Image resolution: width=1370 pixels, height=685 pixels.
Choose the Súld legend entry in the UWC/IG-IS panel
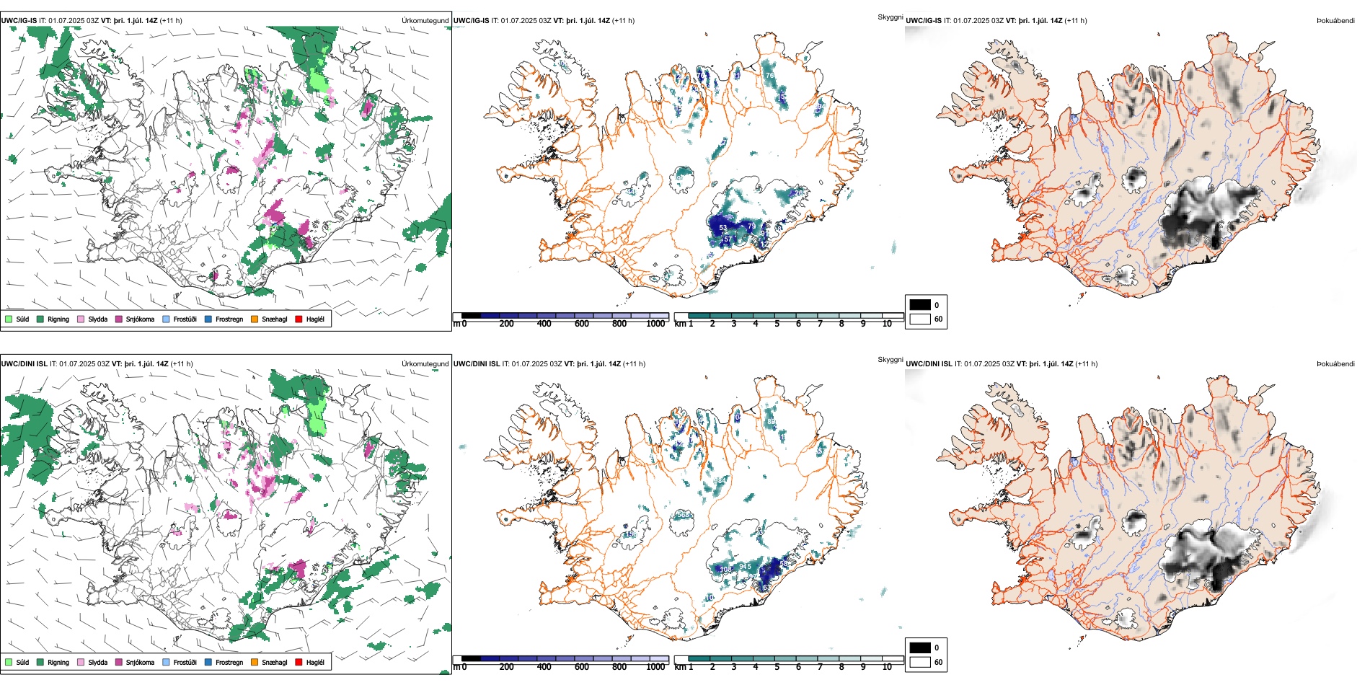17,319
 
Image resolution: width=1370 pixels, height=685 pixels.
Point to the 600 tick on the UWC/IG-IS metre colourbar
582,324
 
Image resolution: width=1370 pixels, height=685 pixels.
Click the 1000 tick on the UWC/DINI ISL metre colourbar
655,667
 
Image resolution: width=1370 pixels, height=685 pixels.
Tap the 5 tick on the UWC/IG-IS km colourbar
777,324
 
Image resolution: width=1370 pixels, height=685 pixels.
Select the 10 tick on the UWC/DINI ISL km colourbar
887,667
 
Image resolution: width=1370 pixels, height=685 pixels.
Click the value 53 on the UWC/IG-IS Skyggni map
723,228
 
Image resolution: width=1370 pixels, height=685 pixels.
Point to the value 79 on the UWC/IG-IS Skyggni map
751,226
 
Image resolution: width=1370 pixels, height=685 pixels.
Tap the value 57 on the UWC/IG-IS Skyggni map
728,239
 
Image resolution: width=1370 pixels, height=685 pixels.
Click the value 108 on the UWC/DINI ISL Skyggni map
725,570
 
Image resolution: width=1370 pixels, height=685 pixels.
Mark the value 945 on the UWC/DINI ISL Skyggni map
745,567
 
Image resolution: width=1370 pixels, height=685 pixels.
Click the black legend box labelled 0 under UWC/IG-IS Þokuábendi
920,305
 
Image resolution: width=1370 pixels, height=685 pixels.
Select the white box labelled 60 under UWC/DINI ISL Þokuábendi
920,662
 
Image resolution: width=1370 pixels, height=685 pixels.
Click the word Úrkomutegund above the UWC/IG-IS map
425,21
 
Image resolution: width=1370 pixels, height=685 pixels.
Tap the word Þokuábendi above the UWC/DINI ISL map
1335,363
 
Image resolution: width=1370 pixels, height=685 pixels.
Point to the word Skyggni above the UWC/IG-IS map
890,17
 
